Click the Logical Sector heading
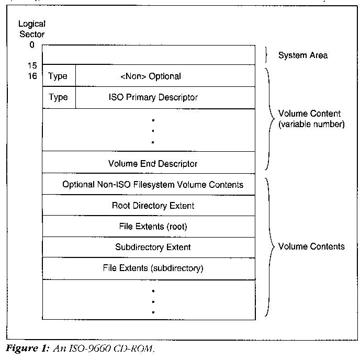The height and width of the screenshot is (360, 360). coord(32,29)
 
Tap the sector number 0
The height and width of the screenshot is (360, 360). coord(32,44)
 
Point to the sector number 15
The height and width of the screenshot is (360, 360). coord(32,65)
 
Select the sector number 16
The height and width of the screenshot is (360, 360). coord(32,76)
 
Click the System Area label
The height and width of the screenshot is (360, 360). coord(302,55)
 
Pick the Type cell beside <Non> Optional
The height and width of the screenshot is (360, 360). coord(58,76)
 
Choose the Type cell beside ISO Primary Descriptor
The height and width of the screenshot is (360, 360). coord(58,97)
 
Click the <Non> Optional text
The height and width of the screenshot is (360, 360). coord(151,76)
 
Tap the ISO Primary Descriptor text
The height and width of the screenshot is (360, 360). coord(153,97)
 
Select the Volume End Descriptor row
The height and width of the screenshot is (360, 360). coord(153,164)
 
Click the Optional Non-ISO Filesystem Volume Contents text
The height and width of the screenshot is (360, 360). coord(153,185)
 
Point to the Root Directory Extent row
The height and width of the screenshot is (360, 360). coord(153,206)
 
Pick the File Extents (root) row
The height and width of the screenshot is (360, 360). coord(153,227)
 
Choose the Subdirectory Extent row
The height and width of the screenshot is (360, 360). coord(153,247)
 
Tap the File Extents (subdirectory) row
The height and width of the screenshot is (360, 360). coord(153,268)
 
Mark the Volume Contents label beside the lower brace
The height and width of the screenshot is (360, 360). coord(311,246)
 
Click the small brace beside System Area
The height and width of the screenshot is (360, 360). coord(267,54)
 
